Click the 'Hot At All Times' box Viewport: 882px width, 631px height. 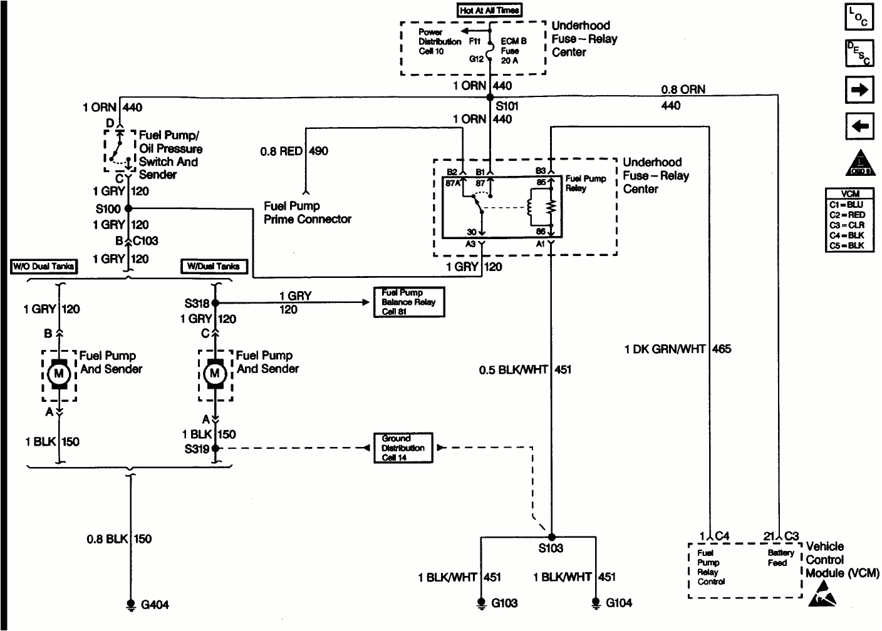click(x=490, y=10)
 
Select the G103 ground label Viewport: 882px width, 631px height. click(x=504, y=603)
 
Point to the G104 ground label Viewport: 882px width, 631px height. click(x=619, y=603)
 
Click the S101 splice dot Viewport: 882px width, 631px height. click(x=489, y=97)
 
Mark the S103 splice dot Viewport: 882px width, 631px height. click(x=551, y=536)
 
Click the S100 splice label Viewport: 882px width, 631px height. click(x=107, y=209)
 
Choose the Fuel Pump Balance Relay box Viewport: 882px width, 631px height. click(x=408, y=302)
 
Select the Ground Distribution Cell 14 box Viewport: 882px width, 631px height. click(x=403, y=448)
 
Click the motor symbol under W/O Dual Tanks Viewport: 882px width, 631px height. click(x=60, y=374)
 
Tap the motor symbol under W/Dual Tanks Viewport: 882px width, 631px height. click(x=215, y=374)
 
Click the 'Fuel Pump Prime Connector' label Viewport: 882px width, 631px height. click(x=307, y=213)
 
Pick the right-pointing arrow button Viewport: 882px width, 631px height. click(x=859, y=90)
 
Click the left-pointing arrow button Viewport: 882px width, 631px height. click(x=859, y=126)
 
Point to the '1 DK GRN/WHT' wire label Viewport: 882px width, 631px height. click(x=664, y=349)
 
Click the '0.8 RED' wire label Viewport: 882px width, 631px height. click(x=281, y=151)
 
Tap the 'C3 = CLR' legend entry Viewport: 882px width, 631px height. click(x=847, y=225)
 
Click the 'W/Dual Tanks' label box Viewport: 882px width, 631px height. click(x=214, y=267)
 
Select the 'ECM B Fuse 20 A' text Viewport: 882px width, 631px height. click(x=514, y=51)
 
